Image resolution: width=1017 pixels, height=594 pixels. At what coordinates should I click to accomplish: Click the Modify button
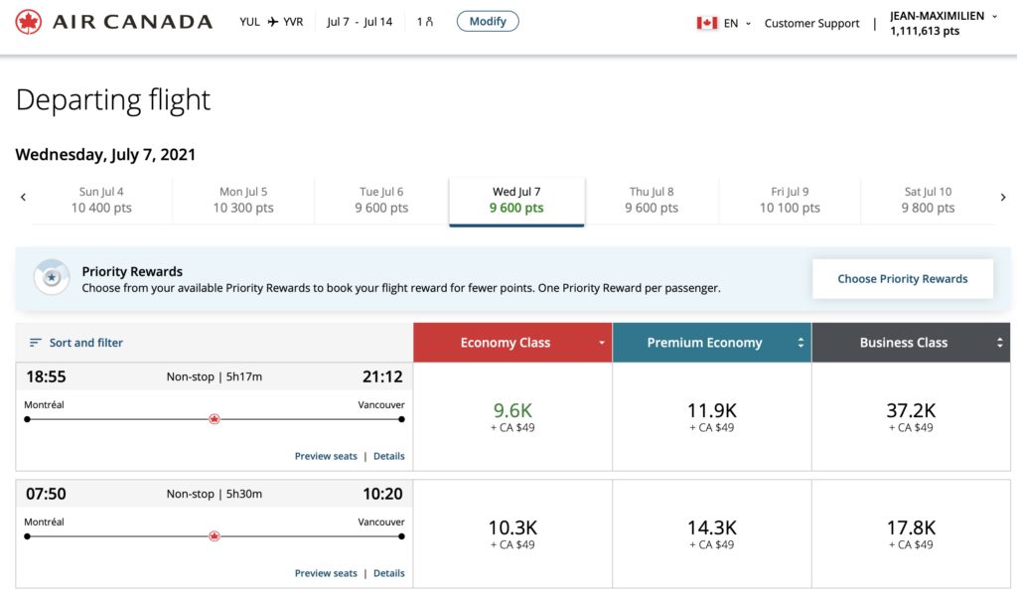coord(488,21)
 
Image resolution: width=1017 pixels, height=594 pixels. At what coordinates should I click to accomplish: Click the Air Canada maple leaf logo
coord(29,22)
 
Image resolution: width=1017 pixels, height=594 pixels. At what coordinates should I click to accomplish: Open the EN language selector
coord(724,23)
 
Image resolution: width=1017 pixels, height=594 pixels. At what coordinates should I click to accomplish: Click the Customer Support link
coord(811,23)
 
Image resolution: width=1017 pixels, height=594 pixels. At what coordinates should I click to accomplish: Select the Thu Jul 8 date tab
coord(652,200)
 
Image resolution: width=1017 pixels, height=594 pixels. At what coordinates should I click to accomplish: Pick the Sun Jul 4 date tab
coord(101,200)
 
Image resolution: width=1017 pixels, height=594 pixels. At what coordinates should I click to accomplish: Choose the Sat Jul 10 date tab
coord(928,200)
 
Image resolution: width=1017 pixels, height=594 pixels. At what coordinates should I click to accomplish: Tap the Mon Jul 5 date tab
coord(243,200)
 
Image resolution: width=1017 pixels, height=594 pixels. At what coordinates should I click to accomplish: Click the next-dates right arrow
coord(1003,198)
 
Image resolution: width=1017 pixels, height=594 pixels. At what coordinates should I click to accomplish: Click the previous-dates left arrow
coord(23,198)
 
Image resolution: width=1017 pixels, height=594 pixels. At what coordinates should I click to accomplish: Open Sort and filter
coord(76,343)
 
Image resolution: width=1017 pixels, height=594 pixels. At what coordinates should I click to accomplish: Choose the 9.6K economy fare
coord(512,416)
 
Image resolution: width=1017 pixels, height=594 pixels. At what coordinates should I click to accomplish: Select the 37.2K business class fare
coord(911,416)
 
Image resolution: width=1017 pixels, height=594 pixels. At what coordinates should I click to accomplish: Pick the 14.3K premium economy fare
coord(711,533)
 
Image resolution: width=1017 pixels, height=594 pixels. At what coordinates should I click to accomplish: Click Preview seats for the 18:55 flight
coord(326,456)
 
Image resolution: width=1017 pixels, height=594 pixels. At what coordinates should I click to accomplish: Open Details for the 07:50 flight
coord(388,573)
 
